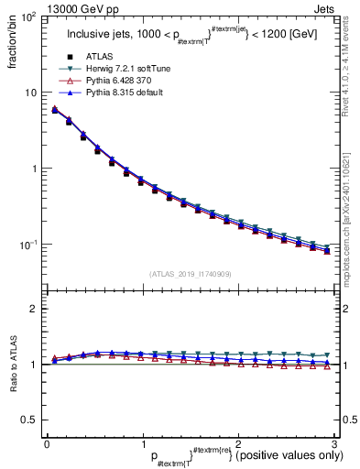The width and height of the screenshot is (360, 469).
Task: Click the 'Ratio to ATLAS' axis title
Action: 12,363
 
